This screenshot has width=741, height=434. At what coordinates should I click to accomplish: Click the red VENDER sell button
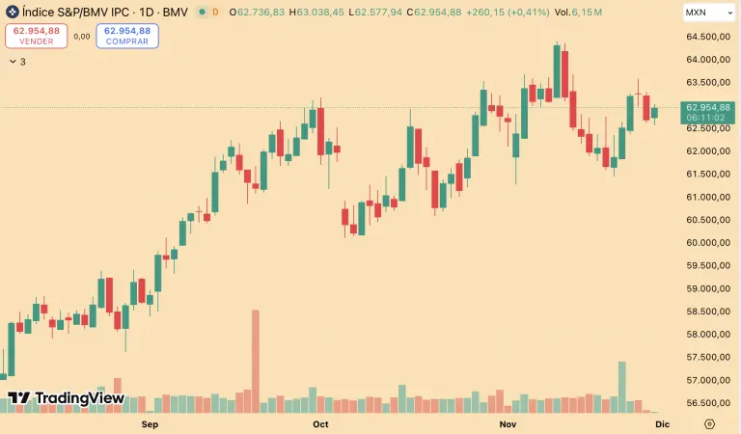[x=36, y=36]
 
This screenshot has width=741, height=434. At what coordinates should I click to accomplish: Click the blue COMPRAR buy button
[x=127, y=36]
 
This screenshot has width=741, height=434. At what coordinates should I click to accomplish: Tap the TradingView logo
[x=66, y=397]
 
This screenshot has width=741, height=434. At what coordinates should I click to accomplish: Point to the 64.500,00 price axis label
[x=706, y=37]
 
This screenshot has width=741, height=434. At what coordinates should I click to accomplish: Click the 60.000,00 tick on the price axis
[x=706, y=242]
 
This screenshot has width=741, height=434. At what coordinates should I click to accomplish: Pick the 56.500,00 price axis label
[x=706, y=403]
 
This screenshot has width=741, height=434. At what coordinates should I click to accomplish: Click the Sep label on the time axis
[x=150, y=423]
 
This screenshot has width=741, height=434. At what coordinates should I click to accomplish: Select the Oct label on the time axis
[x=321, y=423]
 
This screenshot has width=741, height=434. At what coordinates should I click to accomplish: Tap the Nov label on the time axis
[x=508, y=423]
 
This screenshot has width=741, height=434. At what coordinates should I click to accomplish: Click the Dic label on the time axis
[x=662, y=423]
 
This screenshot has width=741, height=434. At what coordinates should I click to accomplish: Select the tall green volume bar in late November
[x=622, y=386]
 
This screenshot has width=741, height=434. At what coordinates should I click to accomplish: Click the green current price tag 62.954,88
[x=708, y=111]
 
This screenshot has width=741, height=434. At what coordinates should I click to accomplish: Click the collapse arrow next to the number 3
[x=12, y=61]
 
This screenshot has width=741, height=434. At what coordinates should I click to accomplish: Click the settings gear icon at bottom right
[x=710, y=423]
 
